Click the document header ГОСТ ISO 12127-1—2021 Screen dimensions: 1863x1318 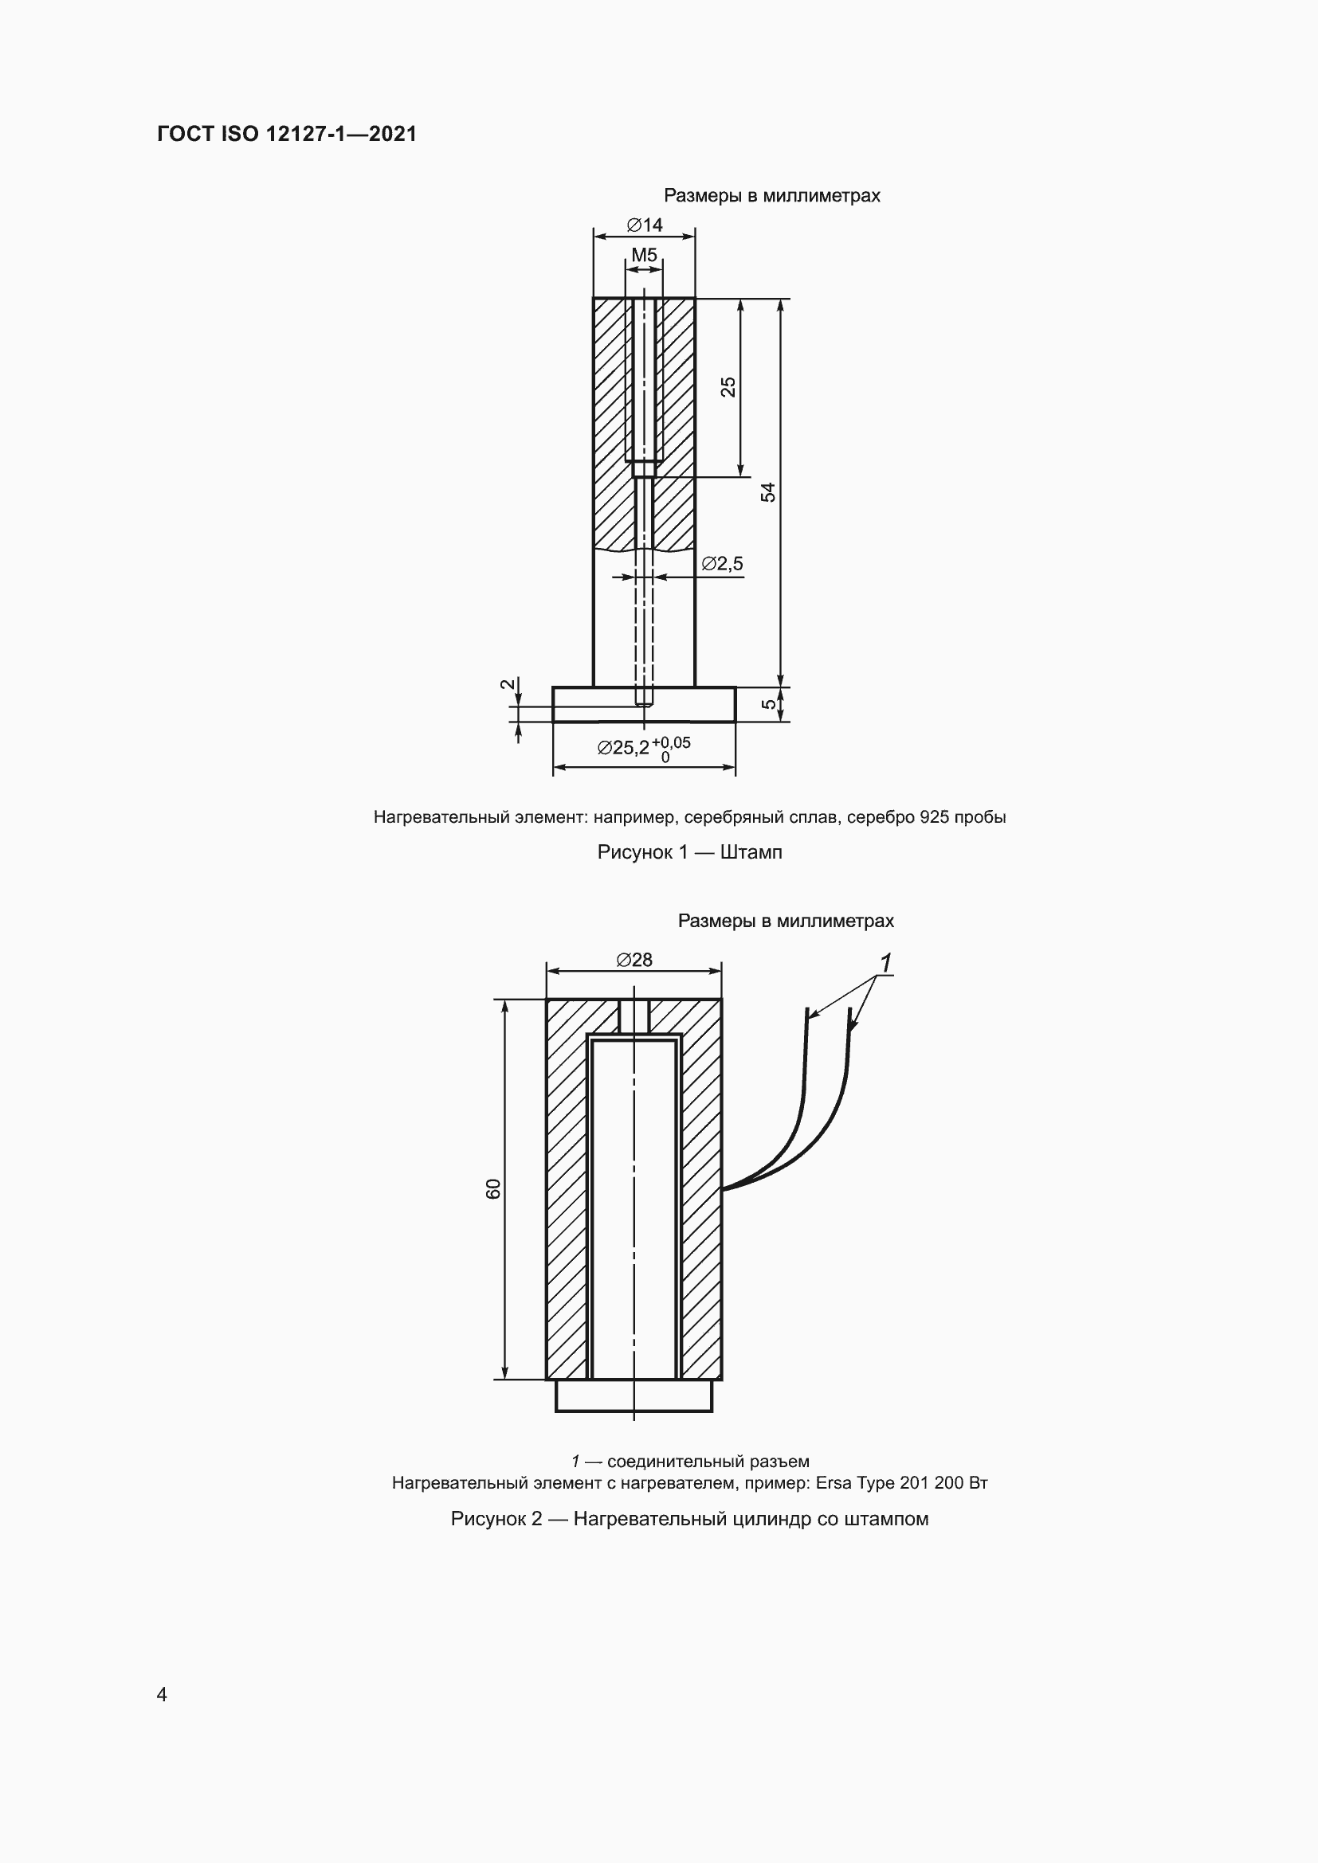pyautogui.click(x=287, y=134)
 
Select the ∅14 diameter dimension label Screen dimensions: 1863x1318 pyautogui.click(x=645, y=225)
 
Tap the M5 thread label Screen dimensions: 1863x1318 pyautogui.click(x=645, y=256)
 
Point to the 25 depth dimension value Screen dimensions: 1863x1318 pyautogui.click(x=729, y=386)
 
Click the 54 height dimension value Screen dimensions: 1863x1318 pyautogui.click(x=767, y=491)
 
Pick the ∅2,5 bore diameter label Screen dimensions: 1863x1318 pyautogui.click(x=721, y=563)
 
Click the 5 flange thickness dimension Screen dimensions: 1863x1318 pyautogui.click(x=767, y=704)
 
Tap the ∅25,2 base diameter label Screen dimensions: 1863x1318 pyautogui.click(x=622, y=747)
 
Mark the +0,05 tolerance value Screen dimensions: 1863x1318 pyautogui.click(x=671, y=742)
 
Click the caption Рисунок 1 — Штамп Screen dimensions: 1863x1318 pyautogui.click(x=689, y=852)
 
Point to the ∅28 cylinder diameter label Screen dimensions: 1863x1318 pyautogui.click(x=634, y=960)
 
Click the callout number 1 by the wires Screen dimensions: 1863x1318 pyautogui.click(x=885, y=963)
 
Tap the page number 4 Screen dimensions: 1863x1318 pyautogui.click(x=162, y=1694)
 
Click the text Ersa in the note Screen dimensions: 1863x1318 pyautogui.click(x=834, y=1483)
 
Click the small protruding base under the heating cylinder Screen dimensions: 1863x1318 pyautogui.click(x=634, y=1395)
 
